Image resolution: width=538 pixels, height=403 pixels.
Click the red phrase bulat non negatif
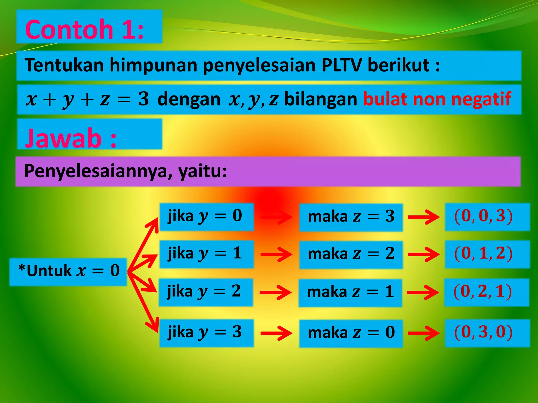coord(437,99)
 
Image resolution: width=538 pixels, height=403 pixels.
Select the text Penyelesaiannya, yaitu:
coord(126,171)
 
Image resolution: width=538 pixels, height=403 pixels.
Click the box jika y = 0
coord(206,216)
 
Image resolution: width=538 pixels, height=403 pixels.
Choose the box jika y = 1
coord(206,254)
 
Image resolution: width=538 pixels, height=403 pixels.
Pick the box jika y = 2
coord(206,292)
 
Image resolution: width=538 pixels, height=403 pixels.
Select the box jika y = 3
coord(206,332)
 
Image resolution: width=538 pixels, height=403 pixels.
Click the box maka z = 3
coord(351,217)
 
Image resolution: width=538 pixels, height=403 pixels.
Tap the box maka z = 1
coord(350,292)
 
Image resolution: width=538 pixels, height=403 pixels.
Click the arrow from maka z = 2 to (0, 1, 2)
coord(423,254)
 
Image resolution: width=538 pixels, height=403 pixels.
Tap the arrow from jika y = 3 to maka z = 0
coord(276,333)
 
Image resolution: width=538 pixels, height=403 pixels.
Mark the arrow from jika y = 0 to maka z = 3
coord(276,217)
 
